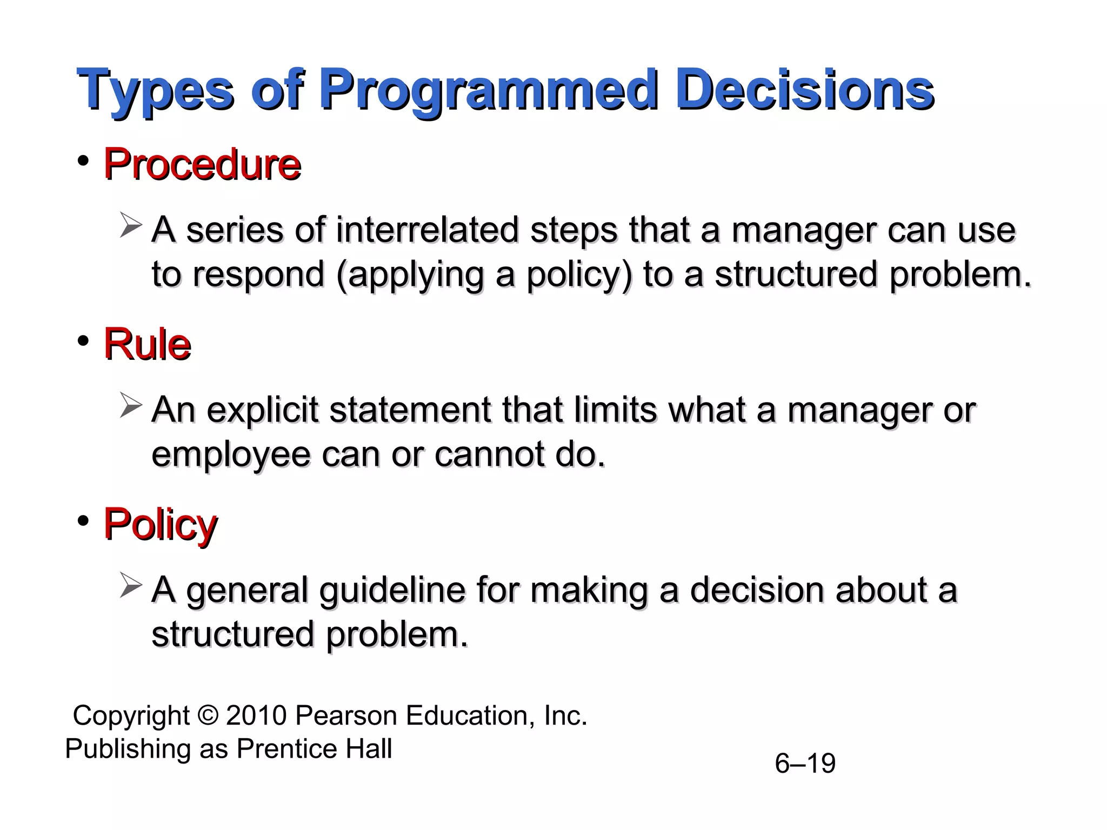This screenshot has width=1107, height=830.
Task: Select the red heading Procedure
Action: click(202, 164)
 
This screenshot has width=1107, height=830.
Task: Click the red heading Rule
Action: click(147, 344)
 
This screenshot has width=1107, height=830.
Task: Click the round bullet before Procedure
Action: click(83, 161)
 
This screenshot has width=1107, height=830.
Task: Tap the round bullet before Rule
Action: click(83, 341)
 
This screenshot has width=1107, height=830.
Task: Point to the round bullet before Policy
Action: click(83, 521)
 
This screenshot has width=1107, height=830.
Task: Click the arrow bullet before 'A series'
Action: click(130, 225)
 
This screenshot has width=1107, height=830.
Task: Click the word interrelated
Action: click(427, 230)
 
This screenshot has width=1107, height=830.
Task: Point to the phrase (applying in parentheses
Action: click(410, 275)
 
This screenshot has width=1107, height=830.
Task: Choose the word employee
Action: click(231, 455)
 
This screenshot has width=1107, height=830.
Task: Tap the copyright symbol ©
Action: click(208, 715)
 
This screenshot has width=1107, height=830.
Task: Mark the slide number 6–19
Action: click(805, 764)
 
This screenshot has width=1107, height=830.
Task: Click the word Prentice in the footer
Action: click(288, 749)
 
